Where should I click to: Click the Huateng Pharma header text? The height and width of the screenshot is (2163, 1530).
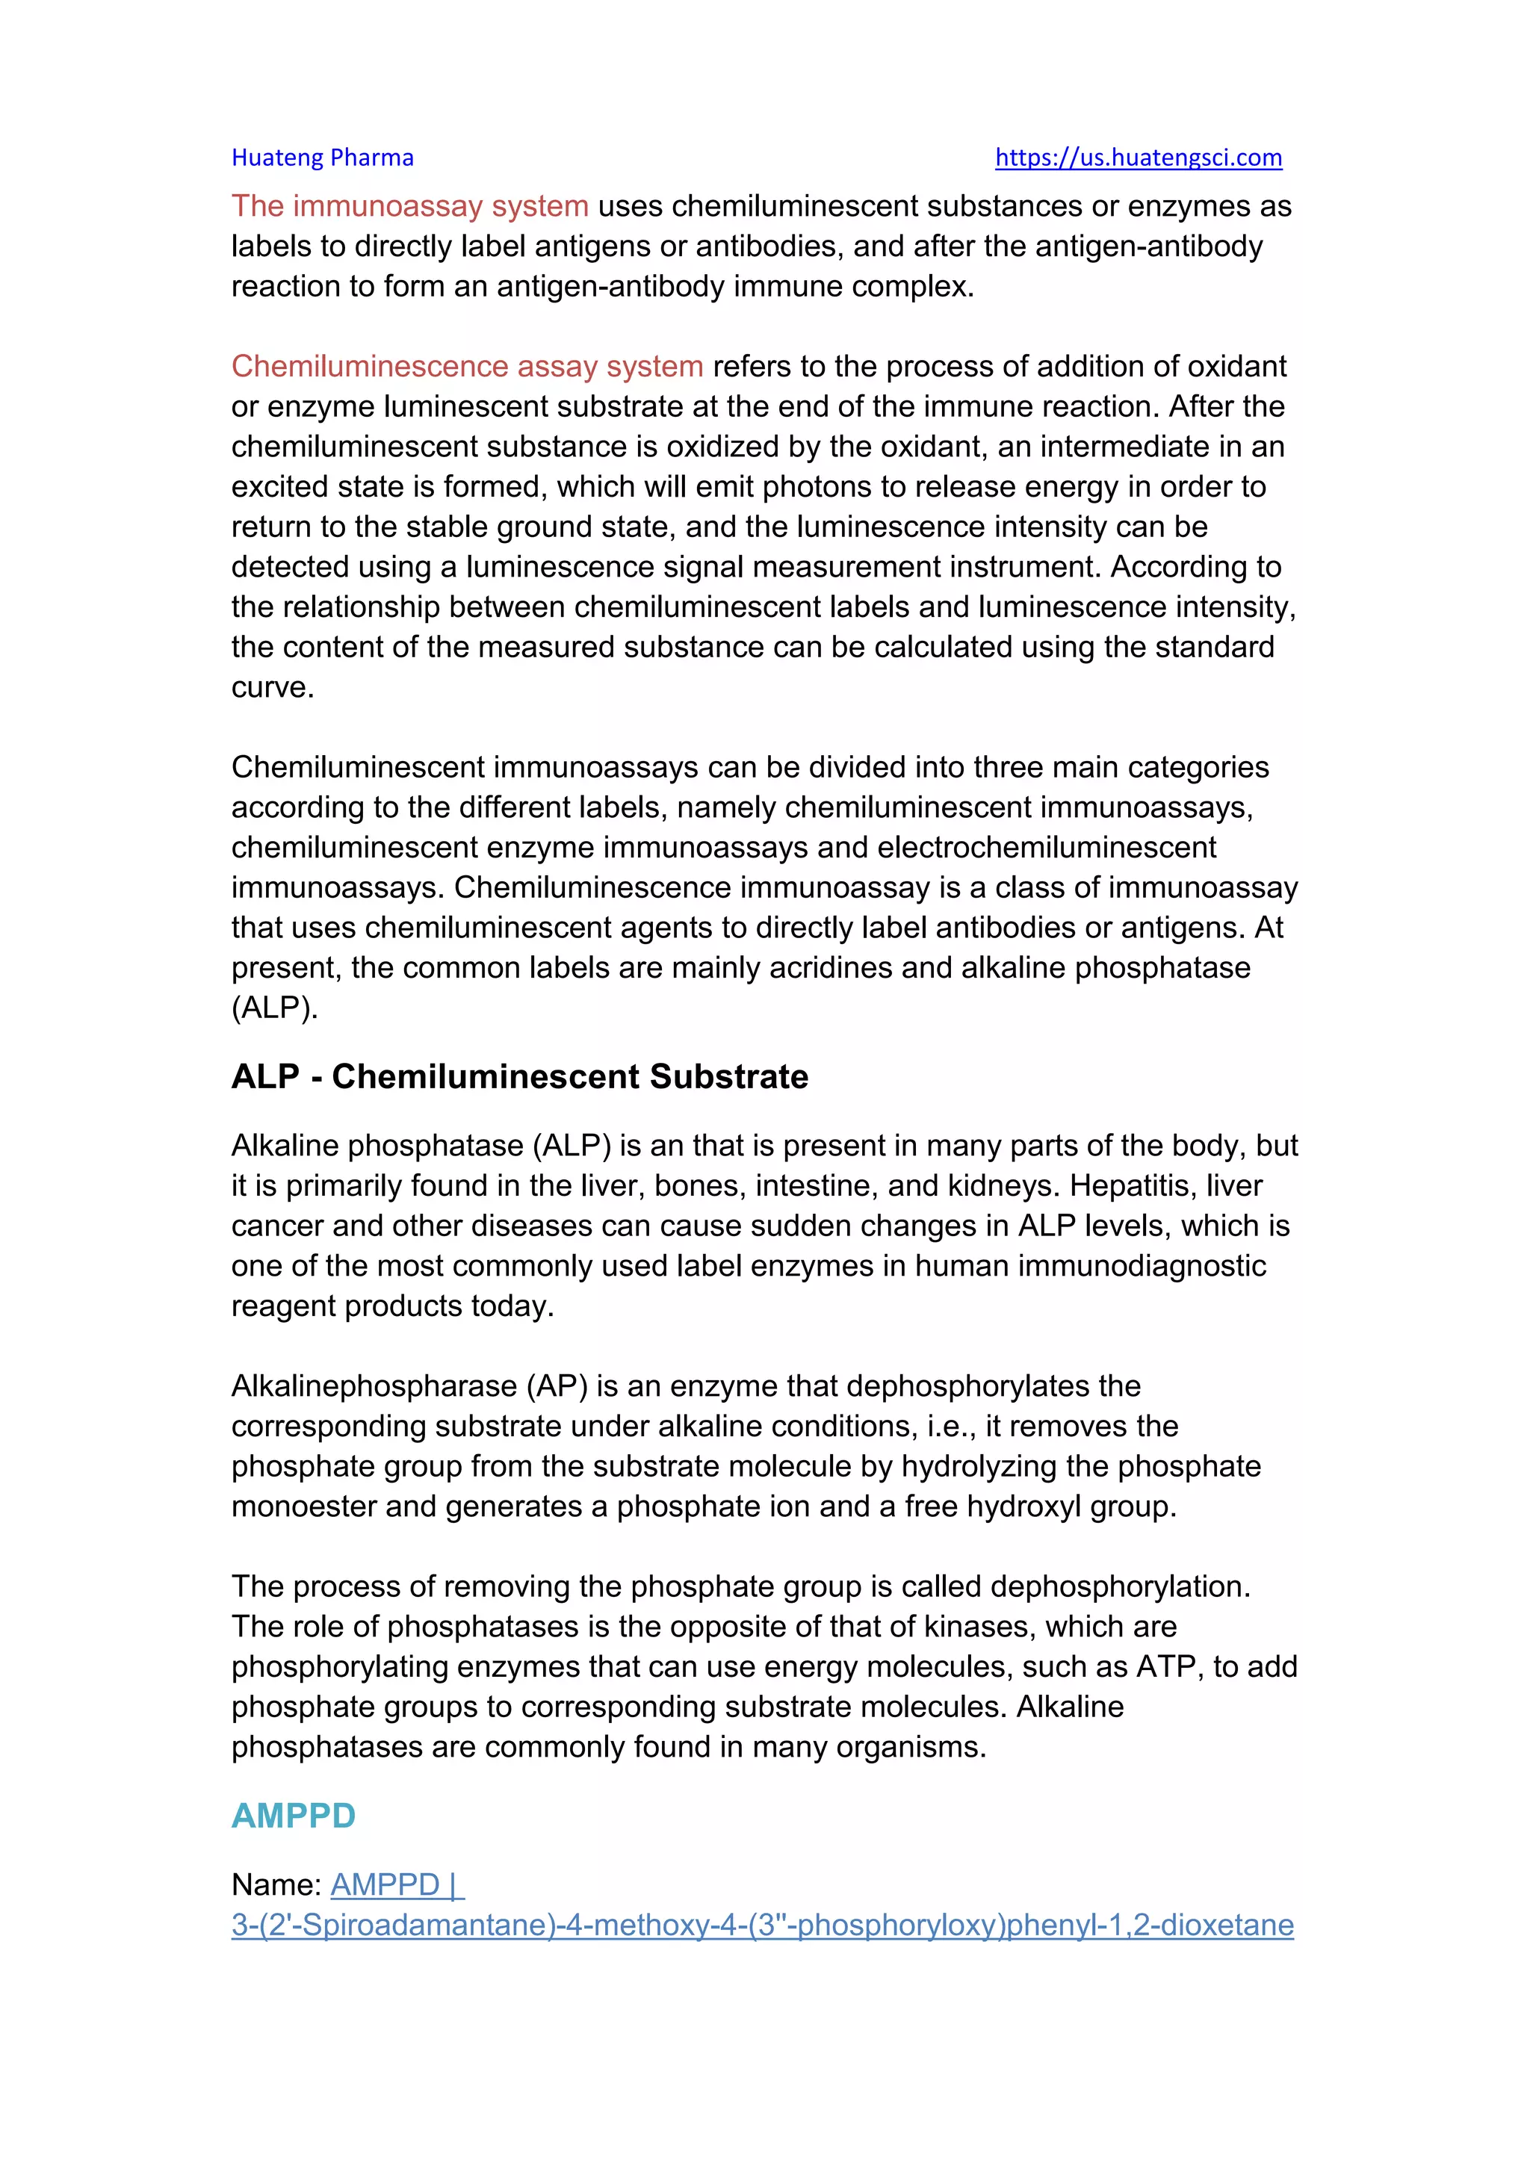coord(322,158)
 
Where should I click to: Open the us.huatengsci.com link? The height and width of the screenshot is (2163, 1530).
coord(1138,158)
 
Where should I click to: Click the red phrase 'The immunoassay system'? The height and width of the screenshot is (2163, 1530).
coord(410,205)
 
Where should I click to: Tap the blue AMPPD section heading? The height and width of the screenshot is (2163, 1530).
coord(293,1816)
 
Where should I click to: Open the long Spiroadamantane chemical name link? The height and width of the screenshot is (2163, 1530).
coord(762,1925)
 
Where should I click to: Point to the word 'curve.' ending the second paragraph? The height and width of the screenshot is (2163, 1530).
coord(272,687)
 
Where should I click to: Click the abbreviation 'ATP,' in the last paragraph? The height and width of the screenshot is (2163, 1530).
coord(1169,1666)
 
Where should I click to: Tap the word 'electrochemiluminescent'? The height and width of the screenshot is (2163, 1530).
coord(1046,847)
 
